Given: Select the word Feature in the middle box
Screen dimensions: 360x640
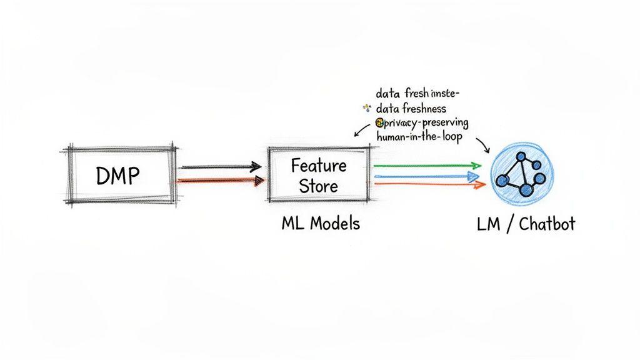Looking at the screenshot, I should pyautogui.click(x=318, y=166).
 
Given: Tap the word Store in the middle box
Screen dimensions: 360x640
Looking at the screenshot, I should pyautogui.click(x=318, y=186).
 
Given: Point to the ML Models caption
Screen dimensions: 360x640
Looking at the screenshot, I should pyautogui.click(x=321, y=224).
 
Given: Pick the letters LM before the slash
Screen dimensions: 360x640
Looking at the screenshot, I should pyautogui.click(x=487, y=224).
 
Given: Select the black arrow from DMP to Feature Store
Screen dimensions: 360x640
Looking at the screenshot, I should pyautogui.click(x=220, y=167).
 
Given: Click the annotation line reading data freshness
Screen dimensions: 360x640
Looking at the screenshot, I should pyautogui.click(x=411, y=108).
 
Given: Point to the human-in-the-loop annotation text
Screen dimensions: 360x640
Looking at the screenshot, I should pyautogui.click(x=419, y=137).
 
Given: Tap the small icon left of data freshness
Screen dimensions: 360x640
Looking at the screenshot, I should pyautogui.click(x=367, y=109).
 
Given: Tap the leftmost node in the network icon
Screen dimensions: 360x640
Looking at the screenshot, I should pyautogui.click(x=502, y=180).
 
